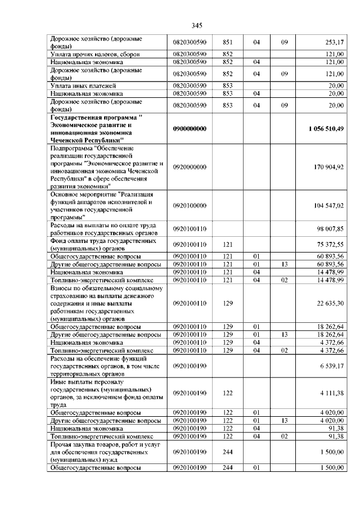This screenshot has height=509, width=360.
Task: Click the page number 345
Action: tap(196, 25)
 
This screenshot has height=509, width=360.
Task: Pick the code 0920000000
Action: tap(190, 167)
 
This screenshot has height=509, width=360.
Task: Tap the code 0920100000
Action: tap(190, 206)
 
